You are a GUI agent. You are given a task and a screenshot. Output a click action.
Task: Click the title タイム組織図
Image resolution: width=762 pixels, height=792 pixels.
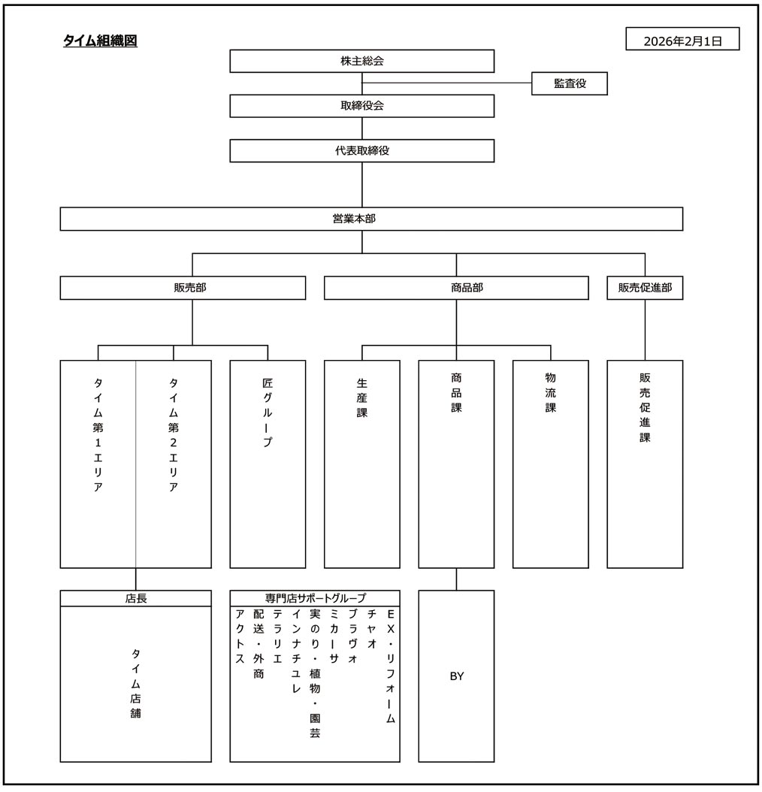click(x=100, y=41)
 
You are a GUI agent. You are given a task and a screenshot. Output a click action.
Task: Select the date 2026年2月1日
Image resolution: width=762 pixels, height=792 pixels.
click(x=682, y=41)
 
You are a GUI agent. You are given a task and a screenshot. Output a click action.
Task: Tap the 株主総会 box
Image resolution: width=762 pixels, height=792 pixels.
click(x=361, y=61)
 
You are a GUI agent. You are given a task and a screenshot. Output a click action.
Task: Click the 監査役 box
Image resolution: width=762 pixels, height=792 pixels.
click(x=569, y=84)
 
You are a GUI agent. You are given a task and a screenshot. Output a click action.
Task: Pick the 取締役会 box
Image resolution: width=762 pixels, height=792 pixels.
click(x=361, y=106)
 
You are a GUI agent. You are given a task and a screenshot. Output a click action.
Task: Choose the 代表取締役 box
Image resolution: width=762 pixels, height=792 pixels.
click(x=361, y=150)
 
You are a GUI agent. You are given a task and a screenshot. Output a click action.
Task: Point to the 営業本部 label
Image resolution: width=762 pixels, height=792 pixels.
click(x=361, y=219)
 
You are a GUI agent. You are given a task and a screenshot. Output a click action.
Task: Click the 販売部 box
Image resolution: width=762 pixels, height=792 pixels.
click(x=183, y=288)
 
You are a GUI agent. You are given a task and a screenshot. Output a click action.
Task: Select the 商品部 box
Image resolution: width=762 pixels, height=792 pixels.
click(x=456, y=288)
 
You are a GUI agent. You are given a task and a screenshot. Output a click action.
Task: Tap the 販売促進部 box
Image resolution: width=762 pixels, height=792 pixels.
click(x=645, y=288)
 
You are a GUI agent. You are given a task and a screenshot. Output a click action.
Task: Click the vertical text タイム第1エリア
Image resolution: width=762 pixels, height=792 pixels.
click(x=98, y=434)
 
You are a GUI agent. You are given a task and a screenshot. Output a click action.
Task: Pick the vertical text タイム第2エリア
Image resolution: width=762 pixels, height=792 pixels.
click(x=174, y=434)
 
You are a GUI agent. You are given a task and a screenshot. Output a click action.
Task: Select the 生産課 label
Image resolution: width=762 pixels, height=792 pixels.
click(x=362, y=397)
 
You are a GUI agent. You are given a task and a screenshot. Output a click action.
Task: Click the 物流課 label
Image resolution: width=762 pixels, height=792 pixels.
click(x=551, y=391)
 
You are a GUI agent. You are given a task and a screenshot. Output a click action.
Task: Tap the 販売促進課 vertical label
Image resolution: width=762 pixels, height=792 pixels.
click(x=645, y=407)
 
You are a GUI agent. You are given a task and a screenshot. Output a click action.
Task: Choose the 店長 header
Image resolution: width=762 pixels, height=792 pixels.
click(x=136, y=599)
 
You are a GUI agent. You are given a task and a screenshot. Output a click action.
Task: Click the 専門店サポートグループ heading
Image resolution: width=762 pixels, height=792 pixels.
click(x=315, y=599)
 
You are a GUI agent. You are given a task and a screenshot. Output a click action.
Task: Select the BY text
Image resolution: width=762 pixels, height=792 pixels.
click(x=456, y=676)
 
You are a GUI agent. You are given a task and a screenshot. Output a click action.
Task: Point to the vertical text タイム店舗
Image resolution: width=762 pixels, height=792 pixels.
click(x=136, y=682)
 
